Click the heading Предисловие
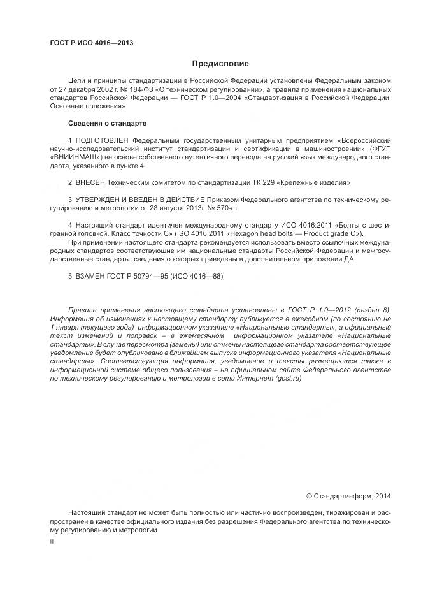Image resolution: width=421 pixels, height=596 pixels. coord(220,64)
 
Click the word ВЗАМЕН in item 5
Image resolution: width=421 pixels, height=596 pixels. coord(90,277)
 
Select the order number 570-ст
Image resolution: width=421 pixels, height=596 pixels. coord(224,208)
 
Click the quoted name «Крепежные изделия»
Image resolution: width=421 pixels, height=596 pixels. coord(302,182)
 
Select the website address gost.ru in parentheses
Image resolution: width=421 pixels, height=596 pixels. coord(287,379)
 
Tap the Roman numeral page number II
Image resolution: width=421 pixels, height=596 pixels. coord(52,541)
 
